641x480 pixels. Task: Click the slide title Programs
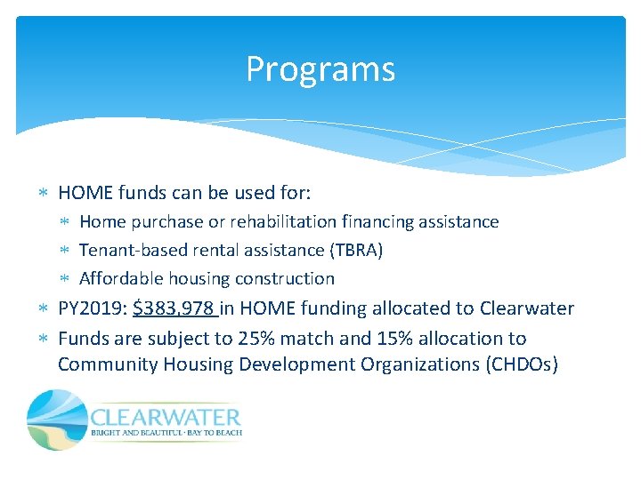point(320,69)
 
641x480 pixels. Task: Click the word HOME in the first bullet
point(85,192)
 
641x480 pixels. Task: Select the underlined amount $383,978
point(174,309)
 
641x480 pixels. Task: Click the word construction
point(287,279)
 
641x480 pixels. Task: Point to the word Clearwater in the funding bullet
point(527,309)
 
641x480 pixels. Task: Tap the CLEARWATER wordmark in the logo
point(166,416)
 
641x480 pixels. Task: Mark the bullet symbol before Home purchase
point(68,222)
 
